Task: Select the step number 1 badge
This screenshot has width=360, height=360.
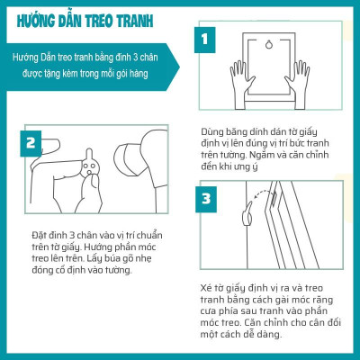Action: pyautogui.click(x=206, y=40)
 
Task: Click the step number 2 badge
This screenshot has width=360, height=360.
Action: pyautogui.click(x=31, y=142)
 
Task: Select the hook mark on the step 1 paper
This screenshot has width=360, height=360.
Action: pyautogui.click(x=268, y=47)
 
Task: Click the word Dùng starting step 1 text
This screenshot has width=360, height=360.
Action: pyautogui.click(x=211, y=130)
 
